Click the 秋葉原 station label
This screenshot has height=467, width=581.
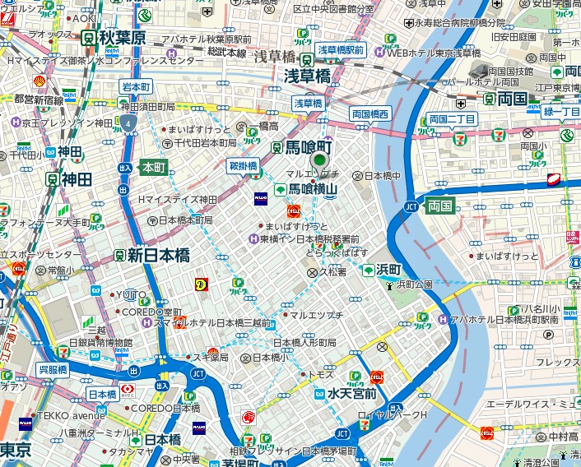(121, 38)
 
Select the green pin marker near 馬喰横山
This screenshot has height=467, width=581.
(319, 162)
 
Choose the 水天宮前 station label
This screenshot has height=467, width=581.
(351, 394)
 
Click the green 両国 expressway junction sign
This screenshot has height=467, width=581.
(441, 206)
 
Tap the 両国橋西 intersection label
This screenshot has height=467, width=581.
(370, 114)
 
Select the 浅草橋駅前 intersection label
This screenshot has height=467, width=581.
(341, 49)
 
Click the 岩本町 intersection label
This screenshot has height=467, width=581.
(136, 86)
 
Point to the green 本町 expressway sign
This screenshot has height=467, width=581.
(154, 167)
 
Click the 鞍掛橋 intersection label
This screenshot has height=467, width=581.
(243, 166)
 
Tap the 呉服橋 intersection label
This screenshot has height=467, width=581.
(53, 370)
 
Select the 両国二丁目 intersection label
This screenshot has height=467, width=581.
(452, 119)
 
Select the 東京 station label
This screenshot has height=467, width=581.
(15, 451)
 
